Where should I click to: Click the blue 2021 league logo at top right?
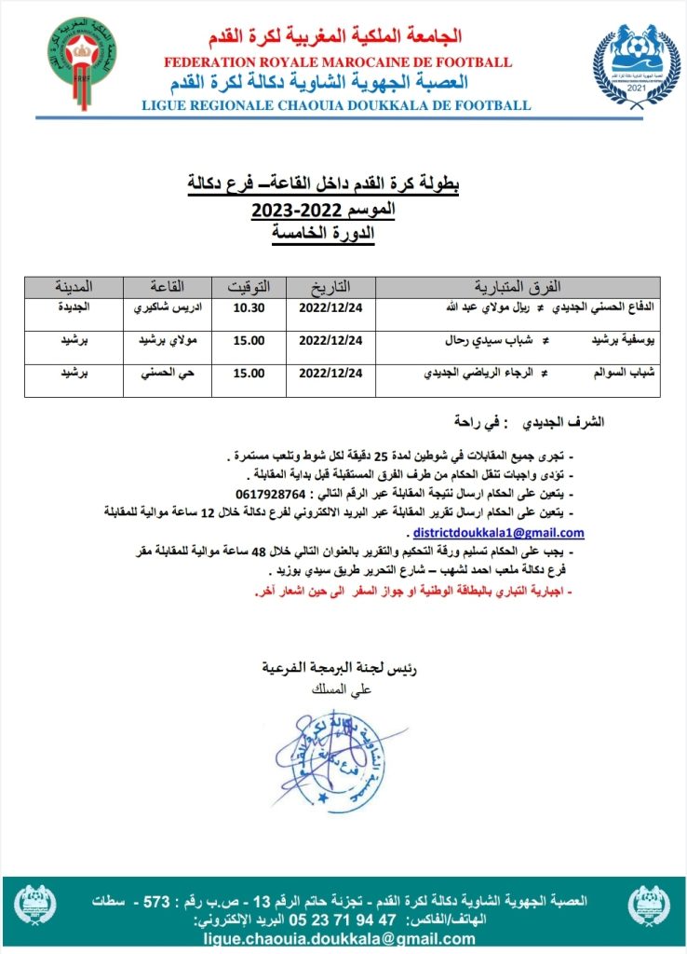pos(636,67)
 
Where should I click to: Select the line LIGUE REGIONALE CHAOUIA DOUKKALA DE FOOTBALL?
pos(336,105)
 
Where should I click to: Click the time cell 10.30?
pos(249,307)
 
